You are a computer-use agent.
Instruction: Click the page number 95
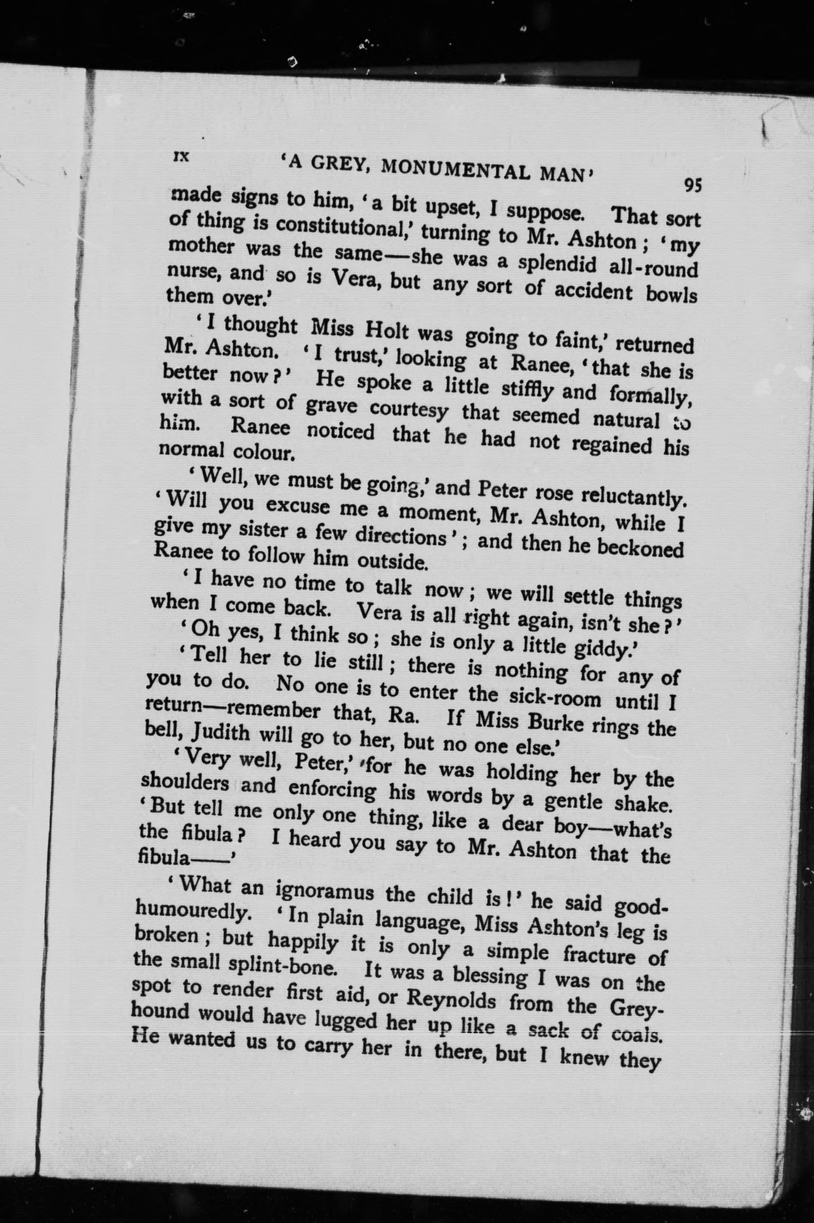[693, 185]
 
